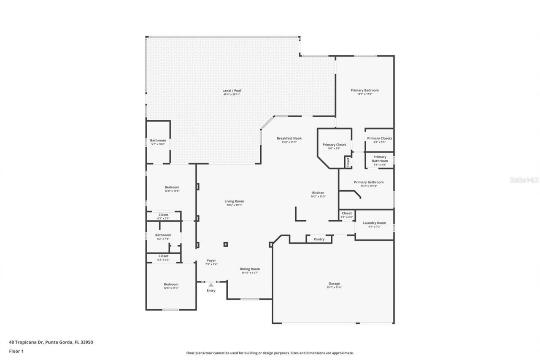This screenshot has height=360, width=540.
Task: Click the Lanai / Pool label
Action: (x=232, y=91)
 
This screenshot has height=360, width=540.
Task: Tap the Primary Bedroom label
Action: (x=364, y=90)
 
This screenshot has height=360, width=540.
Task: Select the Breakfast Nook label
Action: (x=289, y=138)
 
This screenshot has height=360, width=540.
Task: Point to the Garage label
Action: (x=334, y=284)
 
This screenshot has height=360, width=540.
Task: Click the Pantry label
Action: (x=319, y=239)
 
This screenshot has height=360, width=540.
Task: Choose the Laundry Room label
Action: (x=374, y=223)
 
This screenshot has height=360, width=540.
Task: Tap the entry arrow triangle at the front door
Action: (x=211, y=285)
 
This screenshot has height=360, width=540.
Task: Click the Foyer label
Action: (x=211, y=260)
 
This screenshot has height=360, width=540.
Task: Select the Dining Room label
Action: (x=250, y=269)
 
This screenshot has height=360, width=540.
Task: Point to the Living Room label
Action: (x=234, y=201)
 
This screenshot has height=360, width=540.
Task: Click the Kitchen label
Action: (x=318, y=193)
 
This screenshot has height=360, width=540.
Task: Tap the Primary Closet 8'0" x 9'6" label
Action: (x=335, y=145)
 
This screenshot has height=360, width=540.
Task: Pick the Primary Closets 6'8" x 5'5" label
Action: (x=379, y=138)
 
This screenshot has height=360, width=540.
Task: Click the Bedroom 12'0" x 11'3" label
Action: (x=171, y=284)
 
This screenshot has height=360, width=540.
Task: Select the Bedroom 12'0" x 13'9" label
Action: (x=172, y=187)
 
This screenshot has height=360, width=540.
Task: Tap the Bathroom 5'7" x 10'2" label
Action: (x=158, y=141)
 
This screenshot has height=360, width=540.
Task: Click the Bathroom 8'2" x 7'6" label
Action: (x=163, y=235)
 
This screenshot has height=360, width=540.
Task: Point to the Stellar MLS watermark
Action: (x=524, y=180)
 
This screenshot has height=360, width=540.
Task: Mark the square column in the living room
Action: (x=226, y=244)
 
